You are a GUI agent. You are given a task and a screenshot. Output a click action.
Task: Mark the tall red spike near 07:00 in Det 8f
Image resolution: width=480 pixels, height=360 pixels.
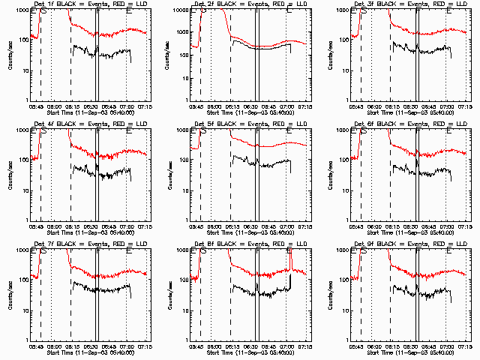(289, 259)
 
